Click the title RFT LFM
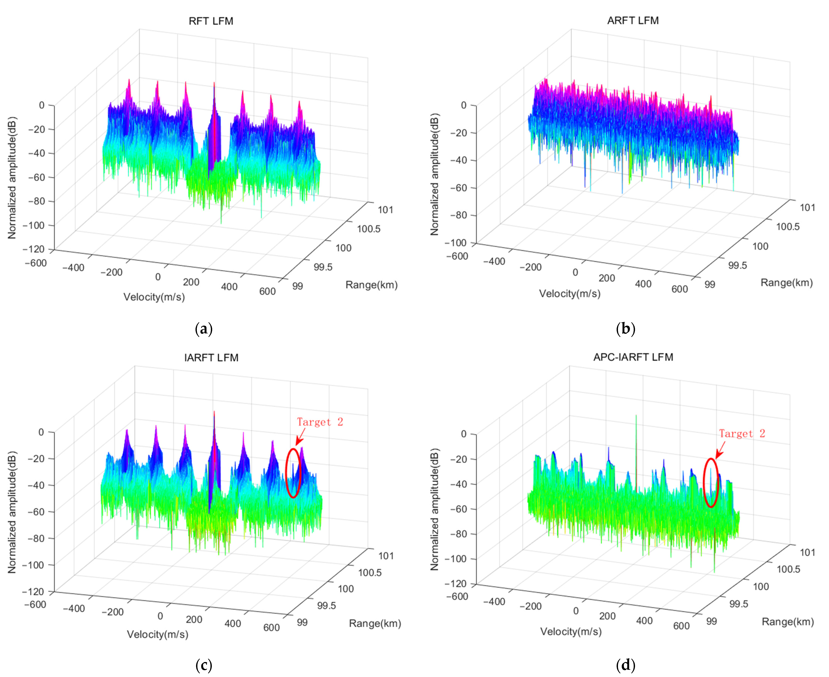(211, 21)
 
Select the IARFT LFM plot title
(211, 358)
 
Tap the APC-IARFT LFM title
(633, 357)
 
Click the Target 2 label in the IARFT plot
(320, 422)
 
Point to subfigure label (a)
(203, 329)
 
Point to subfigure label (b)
(626, 329)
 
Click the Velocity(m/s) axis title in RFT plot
(154, 297)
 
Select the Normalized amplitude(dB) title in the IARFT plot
(12, 512)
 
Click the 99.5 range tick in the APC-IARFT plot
(738, 604)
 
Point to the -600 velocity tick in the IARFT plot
(35, 604)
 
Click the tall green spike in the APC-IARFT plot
(636, 449)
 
